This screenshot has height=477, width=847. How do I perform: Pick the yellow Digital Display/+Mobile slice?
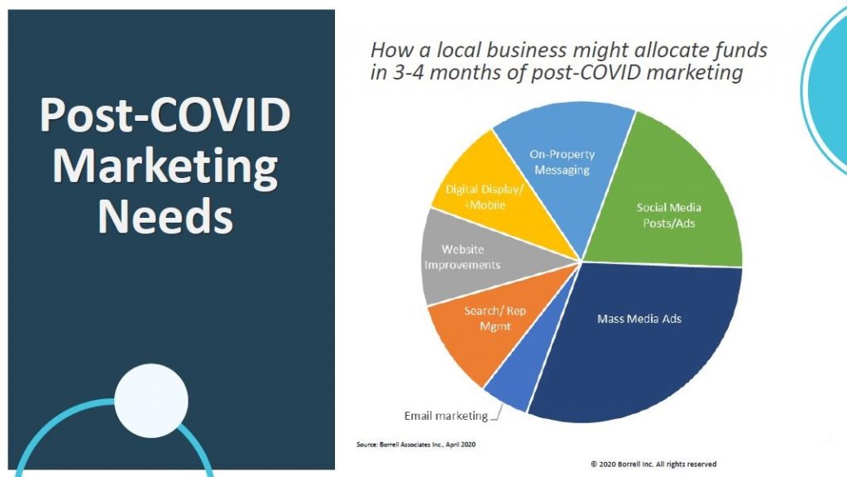pyautogui.click(x=486, y=195)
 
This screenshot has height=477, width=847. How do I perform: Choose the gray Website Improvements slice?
pyautogui.click(x=465, y=257)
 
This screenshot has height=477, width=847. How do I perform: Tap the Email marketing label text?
pyautogui.click(x=446, y=416)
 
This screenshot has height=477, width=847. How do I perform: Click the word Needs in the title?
pyautogui.click(x=165, y=216)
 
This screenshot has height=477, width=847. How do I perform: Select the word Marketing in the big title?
pyautogui.click(x=165, y=167)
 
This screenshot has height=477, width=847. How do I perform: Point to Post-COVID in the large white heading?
pyautogui.click(x=165, y=115)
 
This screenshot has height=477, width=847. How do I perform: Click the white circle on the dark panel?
pyautogui.click(x=151, y=401)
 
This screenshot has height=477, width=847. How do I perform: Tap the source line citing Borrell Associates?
pyautogui.click(x=416, y=445)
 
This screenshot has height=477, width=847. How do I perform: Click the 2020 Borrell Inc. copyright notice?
pyautogui.click(x=653, y=464)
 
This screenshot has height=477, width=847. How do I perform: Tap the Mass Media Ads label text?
pyautogui.click(x=639, y=319)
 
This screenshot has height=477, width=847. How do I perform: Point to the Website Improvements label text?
pyautogui.click(x=462, y=257)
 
